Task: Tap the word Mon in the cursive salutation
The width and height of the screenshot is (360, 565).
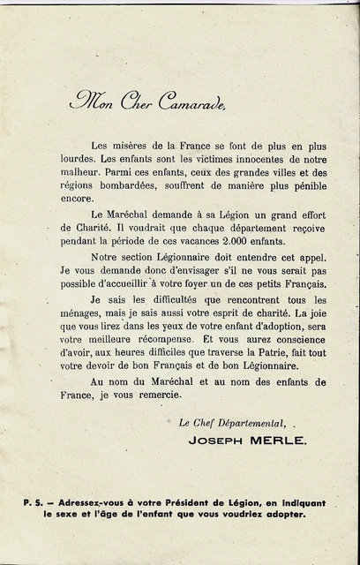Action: (91, 99)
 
